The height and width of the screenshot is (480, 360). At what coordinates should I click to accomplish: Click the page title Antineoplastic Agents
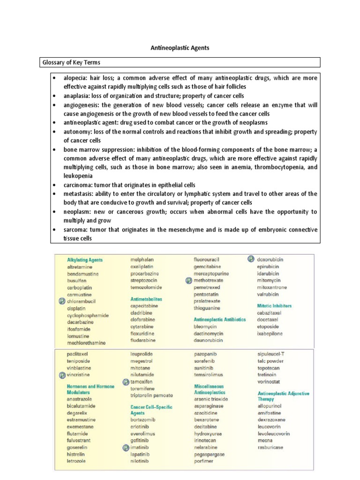[180, 48]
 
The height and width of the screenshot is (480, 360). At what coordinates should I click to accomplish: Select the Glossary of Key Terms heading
[71, 62]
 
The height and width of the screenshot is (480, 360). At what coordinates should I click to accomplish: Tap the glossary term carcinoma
[78, 185]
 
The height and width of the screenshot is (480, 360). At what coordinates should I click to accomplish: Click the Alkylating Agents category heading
[85, 259]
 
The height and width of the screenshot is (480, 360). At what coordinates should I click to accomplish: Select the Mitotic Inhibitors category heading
[274, 306]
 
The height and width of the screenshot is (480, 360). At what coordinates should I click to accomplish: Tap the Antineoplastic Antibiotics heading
[219, 319]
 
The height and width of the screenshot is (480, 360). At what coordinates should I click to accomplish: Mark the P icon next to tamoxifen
[125, 382]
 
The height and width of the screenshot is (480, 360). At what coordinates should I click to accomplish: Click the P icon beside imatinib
[125, 448]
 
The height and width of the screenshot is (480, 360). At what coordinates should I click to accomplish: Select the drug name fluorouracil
[207, 259]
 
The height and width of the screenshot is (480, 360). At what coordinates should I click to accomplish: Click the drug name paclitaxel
[77, 354]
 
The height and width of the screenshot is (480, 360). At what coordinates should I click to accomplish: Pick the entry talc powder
[270, 361]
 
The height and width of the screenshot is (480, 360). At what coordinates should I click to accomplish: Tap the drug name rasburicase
[270, 448]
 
